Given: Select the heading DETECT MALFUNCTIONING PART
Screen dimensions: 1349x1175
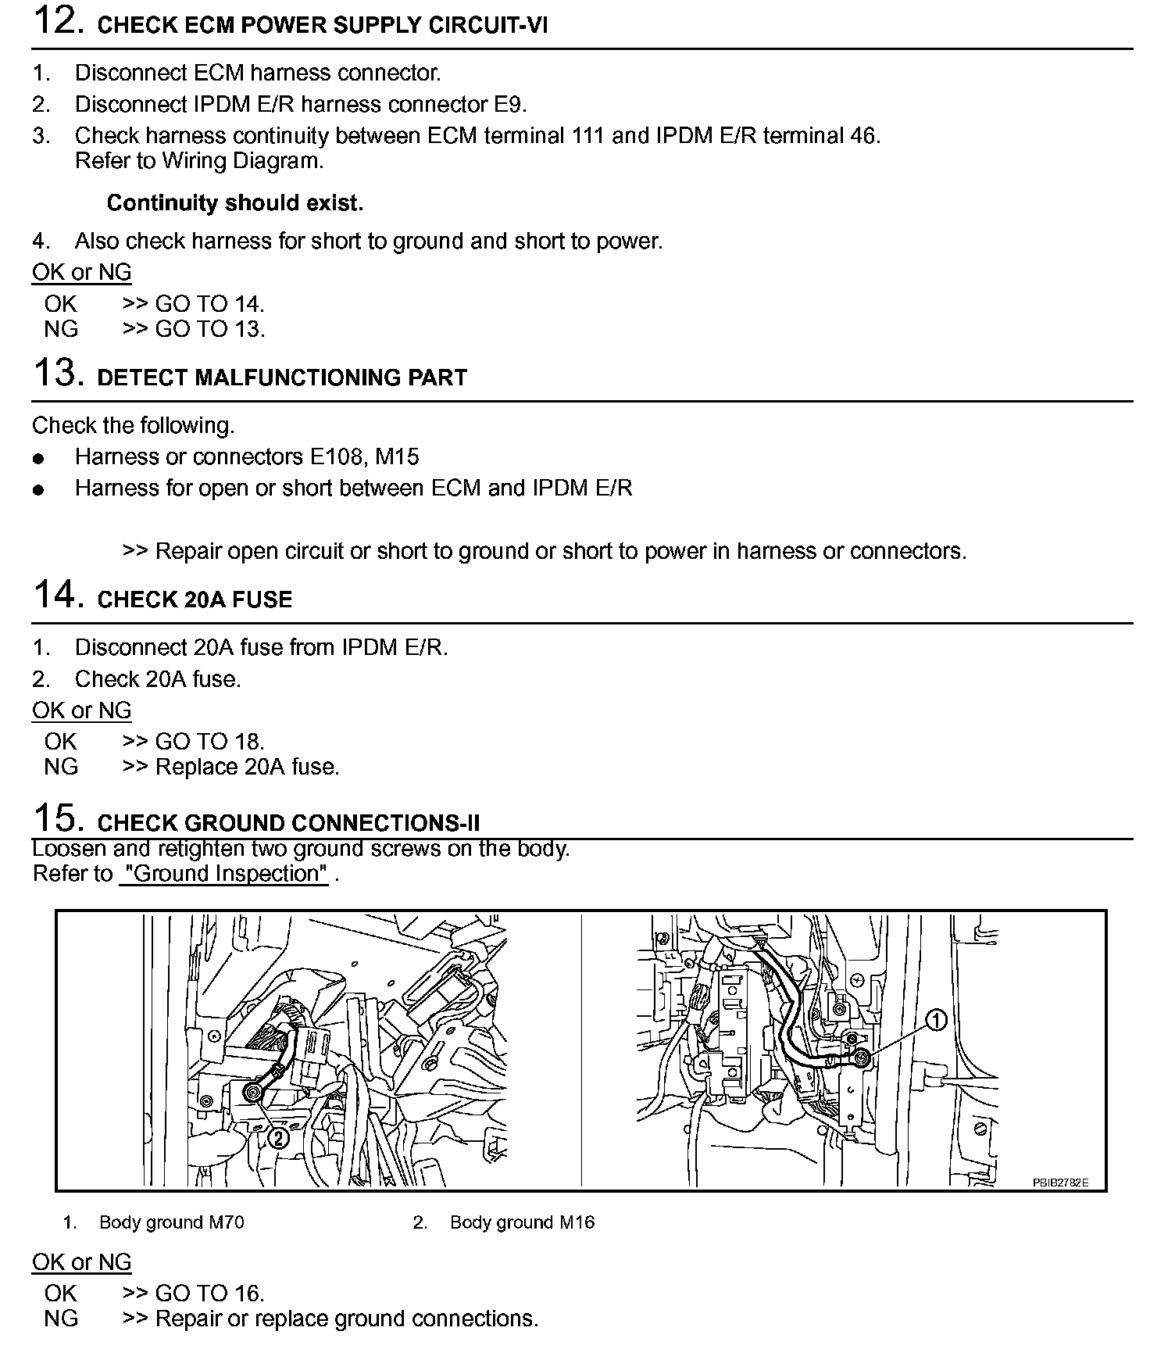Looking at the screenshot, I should [281, 378].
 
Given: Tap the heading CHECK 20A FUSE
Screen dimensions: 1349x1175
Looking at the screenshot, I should [195, 599].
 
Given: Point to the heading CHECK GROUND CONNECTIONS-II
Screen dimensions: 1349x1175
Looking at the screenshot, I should [288, 823].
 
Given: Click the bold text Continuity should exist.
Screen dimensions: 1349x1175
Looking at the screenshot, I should [234, 203].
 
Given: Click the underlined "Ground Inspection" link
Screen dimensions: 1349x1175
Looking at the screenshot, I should [225, 874].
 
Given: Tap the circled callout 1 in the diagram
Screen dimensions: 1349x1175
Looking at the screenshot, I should [936, 1020].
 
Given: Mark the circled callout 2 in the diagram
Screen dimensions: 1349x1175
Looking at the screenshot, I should [277, 1138].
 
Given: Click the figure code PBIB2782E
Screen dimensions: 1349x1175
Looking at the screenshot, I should [1060, 1183].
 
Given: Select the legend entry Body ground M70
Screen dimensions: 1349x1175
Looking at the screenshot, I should [171, 1222].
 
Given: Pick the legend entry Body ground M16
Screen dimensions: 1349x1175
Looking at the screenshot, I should [522, 1222].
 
